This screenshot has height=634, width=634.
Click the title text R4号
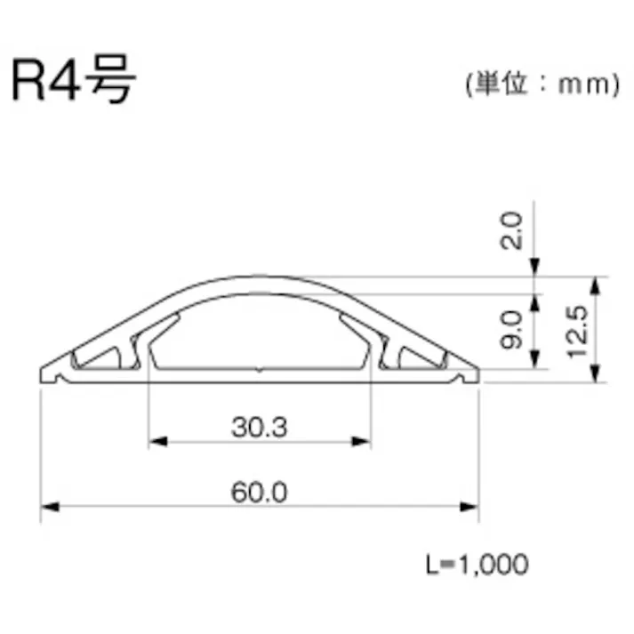coord(74,82)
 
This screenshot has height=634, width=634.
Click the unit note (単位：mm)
coord(541,84)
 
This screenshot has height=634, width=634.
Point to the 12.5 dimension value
coord(575,330)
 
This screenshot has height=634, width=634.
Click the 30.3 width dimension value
coord(260,428)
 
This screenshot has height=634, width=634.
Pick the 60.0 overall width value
coord(260,493)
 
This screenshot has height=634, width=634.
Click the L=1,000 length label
coord(476,564)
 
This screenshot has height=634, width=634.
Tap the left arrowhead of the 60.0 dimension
coord(50,507)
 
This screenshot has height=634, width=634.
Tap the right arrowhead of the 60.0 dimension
coord(470,507)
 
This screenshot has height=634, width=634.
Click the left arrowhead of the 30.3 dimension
coord(156,439)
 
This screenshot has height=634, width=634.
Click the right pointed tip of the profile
coord(479,373)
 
